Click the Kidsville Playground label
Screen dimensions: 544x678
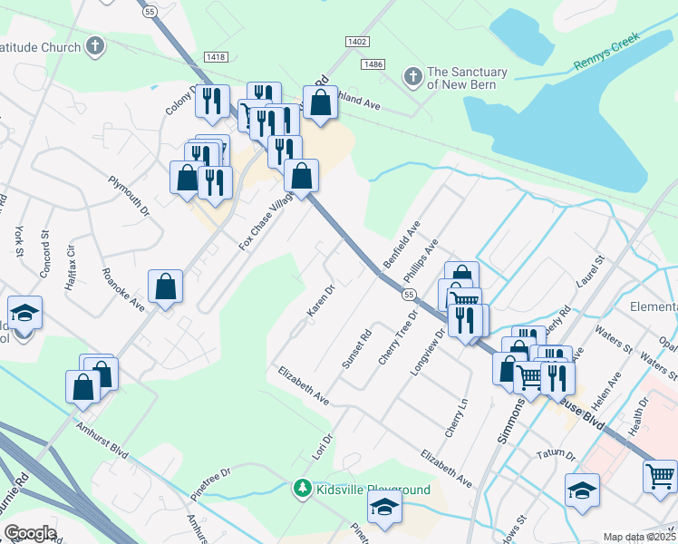pyautogui.click(x=373, y=490)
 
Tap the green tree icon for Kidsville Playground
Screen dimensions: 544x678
pyautogui.click(x=303, y=489)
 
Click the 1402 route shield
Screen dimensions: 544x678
pyautogui.click(x=357, y=42)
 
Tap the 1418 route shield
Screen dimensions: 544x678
pyautogui.click(x=216, y=57)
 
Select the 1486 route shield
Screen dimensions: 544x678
pyautogui.click(x=373, y=63)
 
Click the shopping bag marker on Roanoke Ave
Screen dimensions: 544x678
pyautogui.click(x=167, y=287)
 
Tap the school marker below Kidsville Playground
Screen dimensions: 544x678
pyautogui.click(x=386, y=510)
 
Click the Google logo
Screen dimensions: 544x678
pyautogui.click(x=30, y=533)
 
